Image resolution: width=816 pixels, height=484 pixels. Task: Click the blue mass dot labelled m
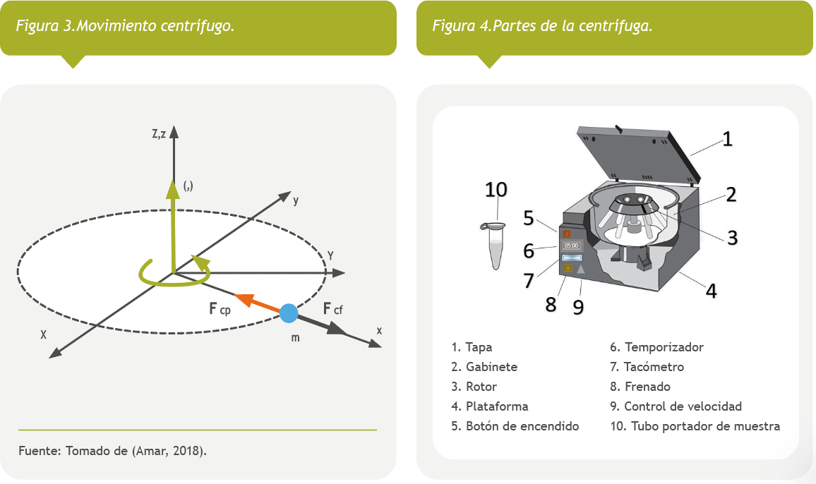(289, 313)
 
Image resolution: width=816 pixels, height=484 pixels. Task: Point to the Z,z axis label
(158, 134)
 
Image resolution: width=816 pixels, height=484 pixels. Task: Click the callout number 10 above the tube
(496, 189)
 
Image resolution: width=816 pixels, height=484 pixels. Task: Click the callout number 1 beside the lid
(726, 138)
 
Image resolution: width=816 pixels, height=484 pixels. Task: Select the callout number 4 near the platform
(712, 290)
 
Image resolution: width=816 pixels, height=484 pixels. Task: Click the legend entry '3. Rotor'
(474, 387)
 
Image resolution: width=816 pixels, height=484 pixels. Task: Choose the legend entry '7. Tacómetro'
(647, 367)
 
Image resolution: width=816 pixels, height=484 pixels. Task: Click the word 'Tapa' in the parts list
(479, 347)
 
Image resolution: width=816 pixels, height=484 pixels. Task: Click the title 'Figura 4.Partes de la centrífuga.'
(541, 26)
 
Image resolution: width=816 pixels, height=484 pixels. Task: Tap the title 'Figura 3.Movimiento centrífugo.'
(126, 26)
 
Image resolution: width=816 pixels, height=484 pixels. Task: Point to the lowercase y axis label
(296, 200)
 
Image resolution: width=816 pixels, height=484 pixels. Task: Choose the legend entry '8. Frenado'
(640, 387)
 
